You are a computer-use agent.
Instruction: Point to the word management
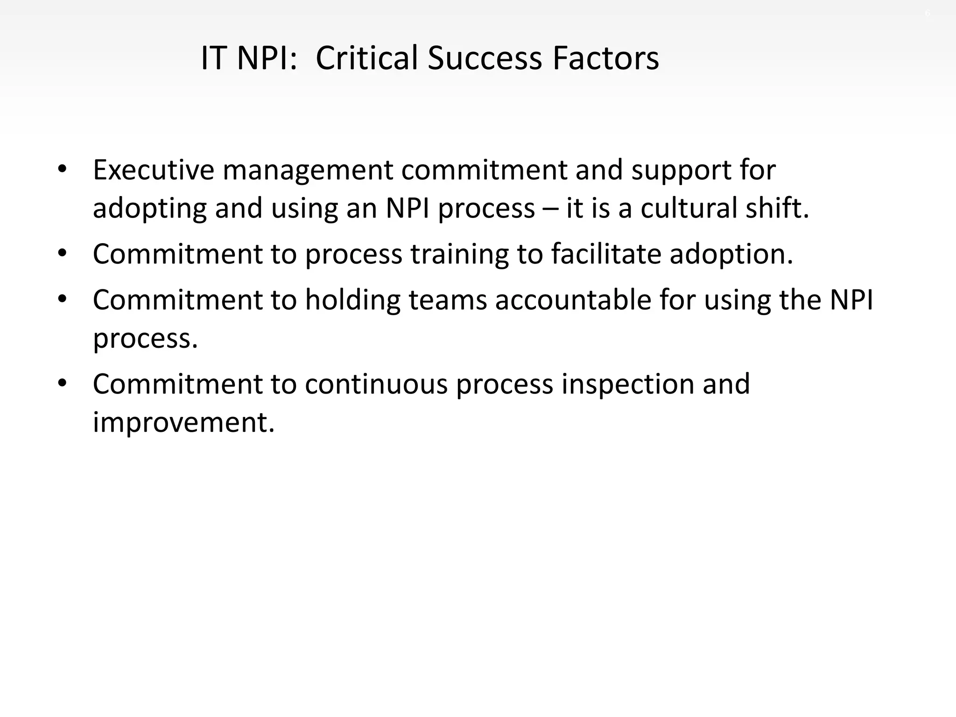click(308, 171)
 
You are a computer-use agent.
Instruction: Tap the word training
click(459, 255)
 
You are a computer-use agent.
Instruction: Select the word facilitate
click(606, 254)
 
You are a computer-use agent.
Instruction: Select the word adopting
click(149, 209)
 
